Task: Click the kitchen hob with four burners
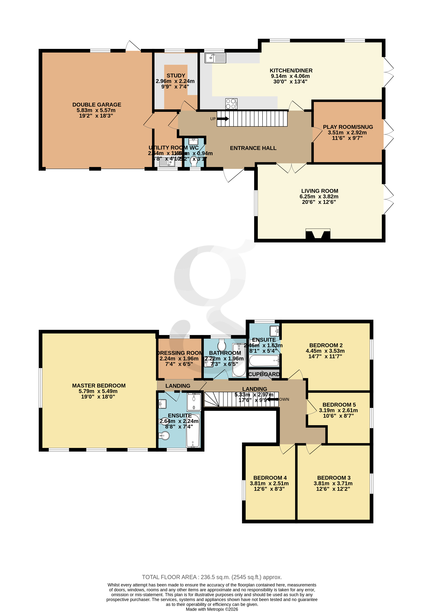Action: (x=231, y=104)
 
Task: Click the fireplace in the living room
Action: (x=318, y=234)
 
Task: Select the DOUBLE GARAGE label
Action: (x=97, y=105)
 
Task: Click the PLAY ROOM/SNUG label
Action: (x=348, y=127)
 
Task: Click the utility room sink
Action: (x=171, y=162)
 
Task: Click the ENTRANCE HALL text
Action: (x=253, y=148)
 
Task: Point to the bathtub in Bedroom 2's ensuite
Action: (x=264, y=361)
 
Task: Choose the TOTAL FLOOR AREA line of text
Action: (x=212, y=577)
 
